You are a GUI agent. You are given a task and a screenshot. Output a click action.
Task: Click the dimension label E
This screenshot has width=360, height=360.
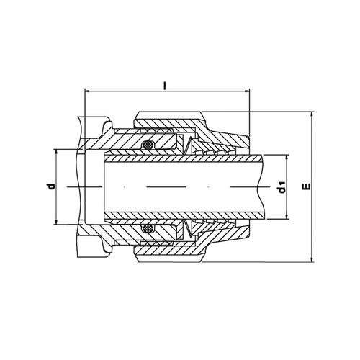point(307,186)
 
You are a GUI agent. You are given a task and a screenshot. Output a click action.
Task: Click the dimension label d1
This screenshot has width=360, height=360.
point(282,187)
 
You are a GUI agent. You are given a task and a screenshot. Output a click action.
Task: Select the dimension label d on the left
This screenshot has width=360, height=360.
point(51,186)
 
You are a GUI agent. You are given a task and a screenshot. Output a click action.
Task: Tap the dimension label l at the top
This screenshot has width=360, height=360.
point(165,86)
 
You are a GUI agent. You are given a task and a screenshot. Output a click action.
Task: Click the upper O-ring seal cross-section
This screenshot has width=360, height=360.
point(147,145)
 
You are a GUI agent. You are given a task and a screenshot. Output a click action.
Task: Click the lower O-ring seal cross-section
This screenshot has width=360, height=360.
point(147,228)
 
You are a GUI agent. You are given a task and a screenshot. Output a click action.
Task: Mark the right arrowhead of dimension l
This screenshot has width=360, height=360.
point(246,91)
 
